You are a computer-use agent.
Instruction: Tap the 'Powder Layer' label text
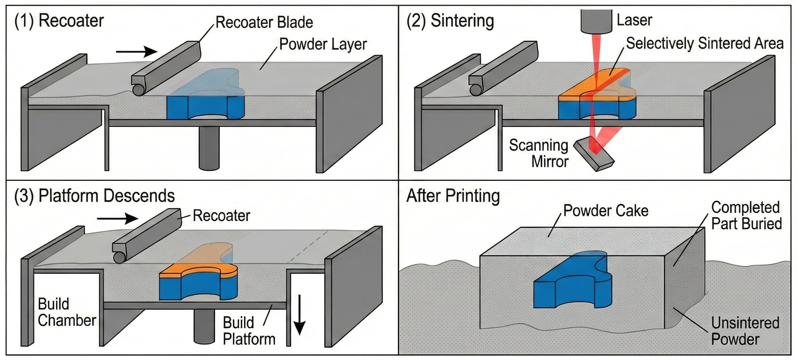coord(323,44)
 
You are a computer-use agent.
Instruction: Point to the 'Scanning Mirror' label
coord(539,153)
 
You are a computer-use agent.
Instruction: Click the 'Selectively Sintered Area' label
coord(704,43)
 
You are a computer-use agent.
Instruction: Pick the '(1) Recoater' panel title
coord(59,21)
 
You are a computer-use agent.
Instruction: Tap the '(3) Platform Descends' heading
coord(94,196)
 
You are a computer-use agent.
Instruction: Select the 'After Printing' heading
coord(453,196)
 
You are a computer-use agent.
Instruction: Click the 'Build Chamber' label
coord(67,312)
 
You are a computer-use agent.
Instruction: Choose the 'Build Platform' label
coord(249,331)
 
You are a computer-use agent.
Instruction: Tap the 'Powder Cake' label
coord(605,211)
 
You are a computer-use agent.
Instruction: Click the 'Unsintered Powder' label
coord(745,331)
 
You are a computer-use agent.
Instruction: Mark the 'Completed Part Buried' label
coord(746,216)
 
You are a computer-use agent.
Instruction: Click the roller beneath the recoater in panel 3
coord(120,257)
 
